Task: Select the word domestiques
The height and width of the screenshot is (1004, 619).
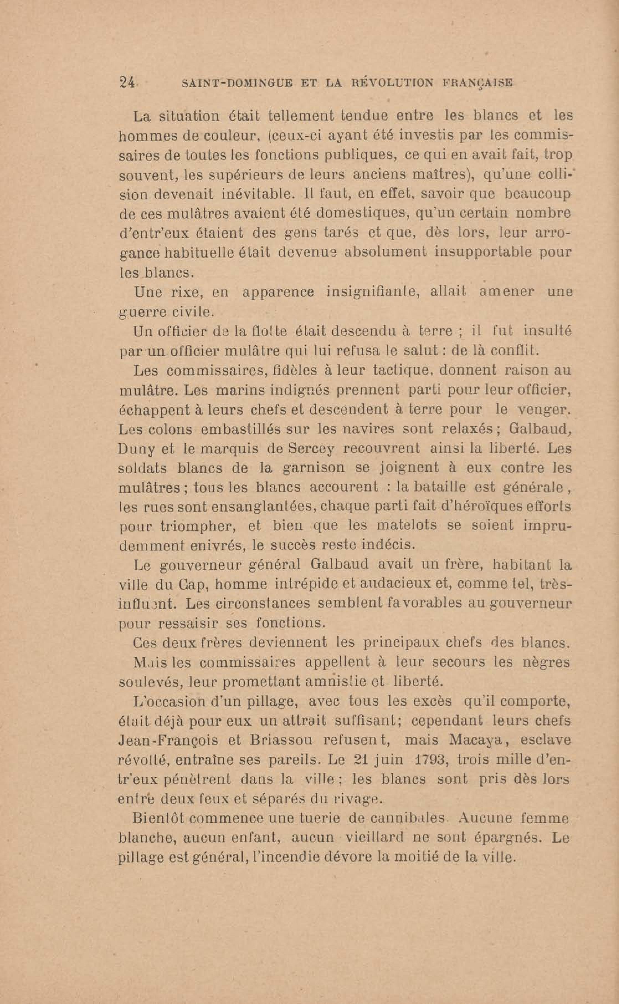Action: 361,213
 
